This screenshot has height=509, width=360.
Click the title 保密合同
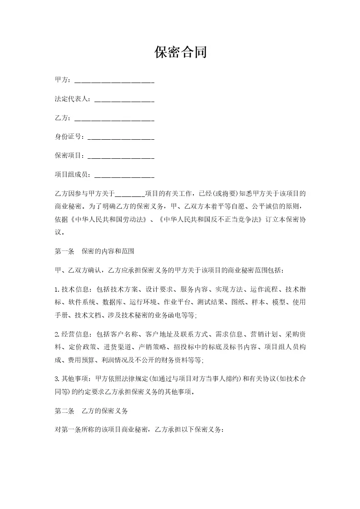click(x=180, y=53)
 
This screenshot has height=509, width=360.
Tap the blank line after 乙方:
click(x=114, y=118)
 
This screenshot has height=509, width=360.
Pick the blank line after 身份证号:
click(x=120, y=137)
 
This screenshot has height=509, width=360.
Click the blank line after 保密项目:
click(x=120, y=156)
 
